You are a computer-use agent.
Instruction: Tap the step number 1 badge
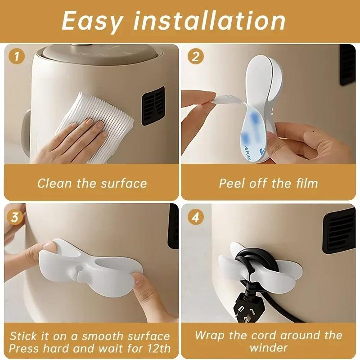point(17,57)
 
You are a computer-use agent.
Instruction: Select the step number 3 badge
point(17,218)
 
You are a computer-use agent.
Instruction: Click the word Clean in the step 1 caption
point(53,184)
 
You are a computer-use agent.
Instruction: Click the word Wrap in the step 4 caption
point(210,336)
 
